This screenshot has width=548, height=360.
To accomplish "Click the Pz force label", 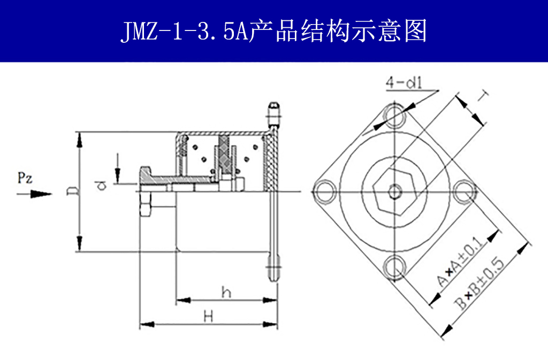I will click(25, 178).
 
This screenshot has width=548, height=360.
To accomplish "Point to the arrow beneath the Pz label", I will click(35, 194).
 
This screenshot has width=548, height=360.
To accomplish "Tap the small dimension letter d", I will click(100, 185).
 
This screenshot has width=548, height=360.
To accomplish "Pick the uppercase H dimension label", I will click(209, 316).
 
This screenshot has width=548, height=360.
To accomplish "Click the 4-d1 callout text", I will click(405, 83).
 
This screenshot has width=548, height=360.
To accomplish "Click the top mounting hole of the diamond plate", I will click(395, 115).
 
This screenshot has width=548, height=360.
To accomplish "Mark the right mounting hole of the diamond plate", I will click(465, 192).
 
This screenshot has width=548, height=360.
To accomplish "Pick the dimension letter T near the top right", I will click(483, 97).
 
